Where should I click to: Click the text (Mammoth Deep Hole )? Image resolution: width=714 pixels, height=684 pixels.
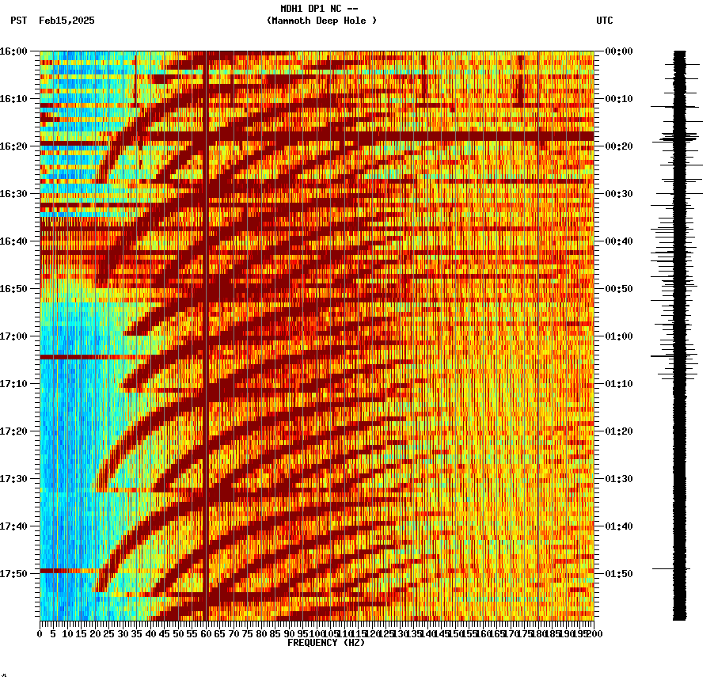pos(321,21)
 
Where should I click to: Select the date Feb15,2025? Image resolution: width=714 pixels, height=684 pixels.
pos(66,21)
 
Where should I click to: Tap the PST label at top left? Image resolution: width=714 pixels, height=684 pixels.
pos(19,21)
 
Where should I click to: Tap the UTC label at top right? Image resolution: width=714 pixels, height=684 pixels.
pos(604,21)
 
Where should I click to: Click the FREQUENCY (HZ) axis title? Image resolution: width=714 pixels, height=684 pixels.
pos(326,643)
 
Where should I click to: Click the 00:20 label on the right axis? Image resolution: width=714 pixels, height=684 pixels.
pos(619,146)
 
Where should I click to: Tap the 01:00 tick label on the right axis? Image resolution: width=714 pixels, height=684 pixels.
pos(619,336)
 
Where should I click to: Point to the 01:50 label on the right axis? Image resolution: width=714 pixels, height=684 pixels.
pos(619,574)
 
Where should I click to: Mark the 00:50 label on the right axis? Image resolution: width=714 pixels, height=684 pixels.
pos(619,289)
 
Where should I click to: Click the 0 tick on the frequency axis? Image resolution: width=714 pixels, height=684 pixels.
pos(40,634)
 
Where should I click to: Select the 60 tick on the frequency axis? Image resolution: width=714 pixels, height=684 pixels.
pos(206,634)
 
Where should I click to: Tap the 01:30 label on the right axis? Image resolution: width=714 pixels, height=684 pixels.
pos(619,479)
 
